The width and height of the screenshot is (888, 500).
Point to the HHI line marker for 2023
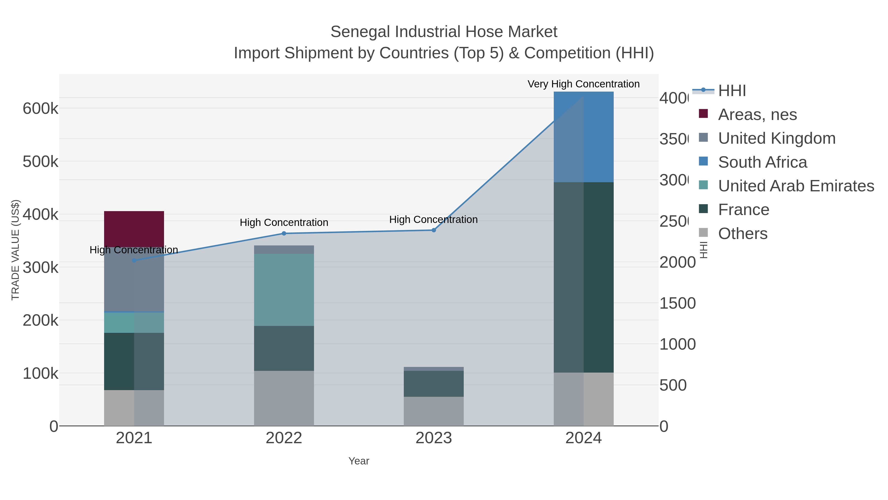point(434,230)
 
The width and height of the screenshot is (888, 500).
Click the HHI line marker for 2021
point(134,260)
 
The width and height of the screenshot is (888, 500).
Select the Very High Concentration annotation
point(583,84)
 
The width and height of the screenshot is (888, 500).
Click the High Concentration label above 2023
point(433,220)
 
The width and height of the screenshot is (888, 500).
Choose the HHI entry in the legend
point(732,91)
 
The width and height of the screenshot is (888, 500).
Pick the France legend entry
point(743,210)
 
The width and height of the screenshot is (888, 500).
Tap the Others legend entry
point(742,234)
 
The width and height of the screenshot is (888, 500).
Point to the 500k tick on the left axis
point(40,162)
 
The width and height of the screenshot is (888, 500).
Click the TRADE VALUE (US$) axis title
point(16,250)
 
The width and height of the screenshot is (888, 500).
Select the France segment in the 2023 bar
point(434,384)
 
